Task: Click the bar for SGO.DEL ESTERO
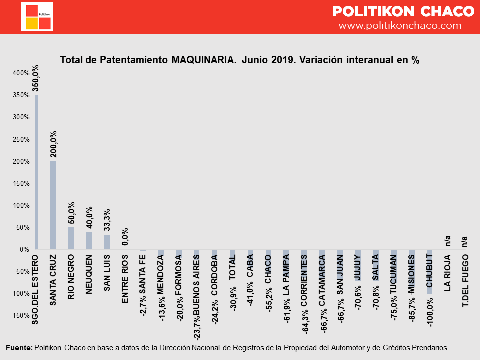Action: [x=36, y=172]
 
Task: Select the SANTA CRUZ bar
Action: [x=53, y=205]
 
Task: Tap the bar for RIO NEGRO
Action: [x=71, y=238]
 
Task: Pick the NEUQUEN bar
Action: [x=89, y=240]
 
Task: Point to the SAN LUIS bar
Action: [x=107, y=242]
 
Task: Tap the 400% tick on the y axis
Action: [x=21, y=73]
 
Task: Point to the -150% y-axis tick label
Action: [x=20, y=315]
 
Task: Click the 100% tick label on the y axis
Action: [x=21, y=205]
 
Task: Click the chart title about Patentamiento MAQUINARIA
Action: [x=239, y=60]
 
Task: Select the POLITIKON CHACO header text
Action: [x=403, y=11]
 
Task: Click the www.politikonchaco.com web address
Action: [x=400, y=25]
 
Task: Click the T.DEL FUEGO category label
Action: [x=466, y=280]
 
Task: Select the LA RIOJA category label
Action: [x=448, y=273]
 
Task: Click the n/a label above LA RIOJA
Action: [x=448, y=241]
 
